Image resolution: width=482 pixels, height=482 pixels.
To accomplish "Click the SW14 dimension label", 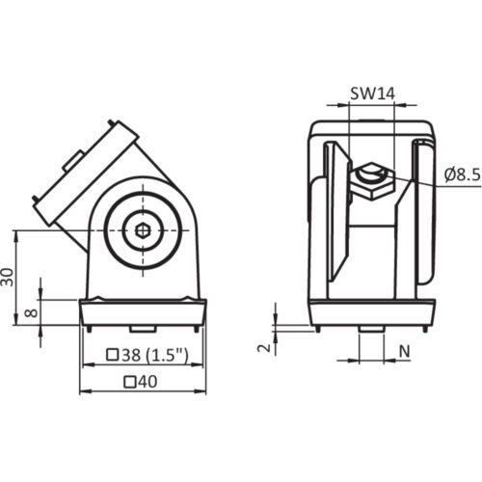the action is pyautogui.click(x=372, y=94).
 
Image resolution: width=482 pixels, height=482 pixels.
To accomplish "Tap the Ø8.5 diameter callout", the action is pyautogui.click(x=463, y=175).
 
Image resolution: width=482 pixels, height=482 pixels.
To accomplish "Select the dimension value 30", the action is pyautogui.click(x=8, y=277).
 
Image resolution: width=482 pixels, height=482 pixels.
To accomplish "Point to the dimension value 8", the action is pyautogui.click(x=32, y=312).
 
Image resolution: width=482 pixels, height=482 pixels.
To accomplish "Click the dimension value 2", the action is pyautogui.click(x=264, y=347).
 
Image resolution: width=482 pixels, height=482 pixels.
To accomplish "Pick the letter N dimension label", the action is pyautogui.click(x=405, y=352).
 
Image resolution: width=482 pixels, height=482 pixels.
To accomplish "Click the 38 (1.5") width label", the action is pyautogui.click(x=147, y=355).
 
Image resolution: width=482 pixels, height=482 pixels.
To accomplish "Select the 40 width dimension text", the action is pyautogui.click(x=142, y=382).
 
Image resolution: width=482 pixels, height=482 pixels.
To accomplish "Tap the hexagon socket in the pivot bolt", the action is pyautogui.click(x=143, y=230).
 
